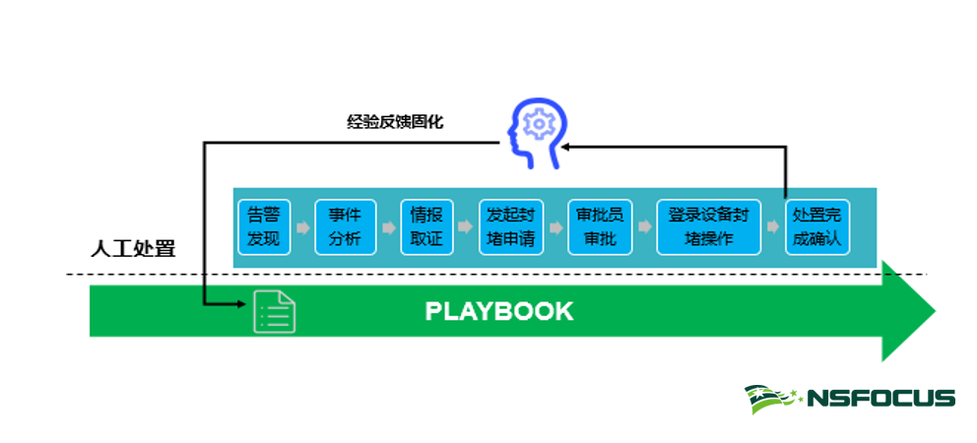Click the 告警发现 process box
264,226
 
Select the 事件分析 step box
345,226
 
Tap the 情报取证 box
426,226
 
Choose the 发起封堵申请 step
511,226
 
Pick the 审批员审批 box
600,226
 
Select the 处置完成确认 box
817,226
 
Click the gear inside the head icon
539,124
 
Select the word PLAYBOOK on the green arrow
498,312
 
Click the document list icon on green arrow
274,312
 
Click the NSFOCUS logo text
881,399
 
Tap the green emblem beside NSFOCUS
774,399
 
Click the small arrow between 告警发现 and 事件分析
303,227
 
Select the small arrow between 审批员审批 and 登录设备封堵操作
644,227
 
